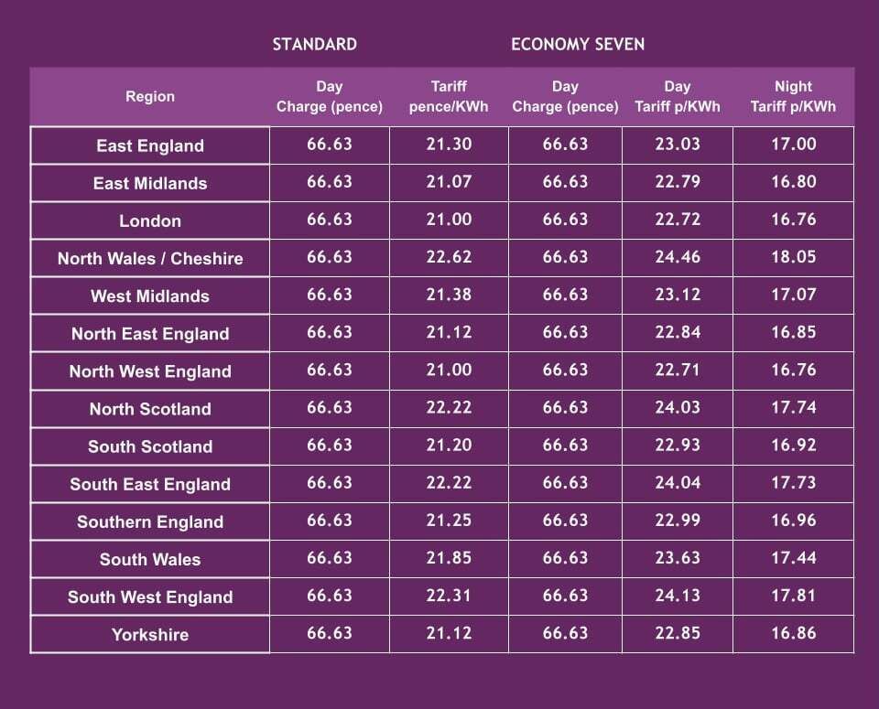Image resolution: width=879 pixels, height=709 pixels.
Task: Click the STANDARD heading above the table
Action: coord(314,45)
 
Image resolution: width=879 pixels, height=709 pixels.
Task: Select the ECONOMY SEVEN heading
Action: coord(578,45)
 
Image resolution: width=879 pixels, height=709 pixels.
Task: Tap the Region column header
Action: coord(150,96)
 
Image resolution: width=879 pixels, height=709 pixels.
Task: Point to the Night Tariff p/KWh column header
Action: coord(793,96)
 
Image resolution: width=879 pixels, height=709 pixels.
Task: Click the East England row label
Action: coord(150,145)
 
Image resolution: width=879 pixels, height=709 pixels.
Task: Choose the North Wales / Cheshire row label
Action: coord(150,259)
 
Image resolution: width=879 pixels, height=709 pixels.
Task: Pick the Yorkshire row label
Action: coord(150,635)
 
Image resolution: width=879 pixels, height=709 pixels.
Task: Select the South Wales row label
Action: coord(150,560)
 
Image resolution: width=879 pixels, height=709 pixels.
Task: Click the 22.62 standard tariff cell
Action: coord(449,257)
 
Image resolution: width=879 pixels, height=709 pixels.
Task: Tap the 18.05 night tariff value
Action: coord(793,257)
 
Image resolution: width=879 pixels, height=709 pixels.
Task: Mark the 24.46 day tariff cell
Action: coord(678,257)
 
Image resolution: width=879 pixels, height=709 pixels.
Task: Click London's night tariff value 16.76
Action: coord(793,220)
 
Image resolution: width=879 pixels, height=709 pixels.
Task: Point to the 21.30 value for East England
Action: coord(449,145)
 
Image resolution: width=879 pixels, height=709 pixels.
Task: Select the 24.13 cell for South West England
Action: coord(678,596)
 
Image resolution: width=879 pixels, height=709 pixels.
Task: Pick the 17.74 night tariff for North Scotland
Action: coord(793,408)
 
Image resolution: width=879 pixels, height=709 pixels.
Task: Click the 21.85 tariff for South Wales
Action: coord(449,558)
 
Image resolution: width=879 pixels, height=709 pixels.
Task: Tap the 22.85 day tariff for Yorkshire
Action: coord(678,633)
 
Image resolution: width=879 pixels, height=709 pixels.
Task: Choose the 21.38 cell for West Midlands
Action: coord(449,295)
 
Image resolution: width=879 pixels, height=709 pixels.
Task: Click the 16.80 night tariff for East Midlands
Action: coord(793,182)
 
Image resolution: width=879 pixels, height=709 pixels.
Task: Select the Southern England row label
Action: coord(150,522)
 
